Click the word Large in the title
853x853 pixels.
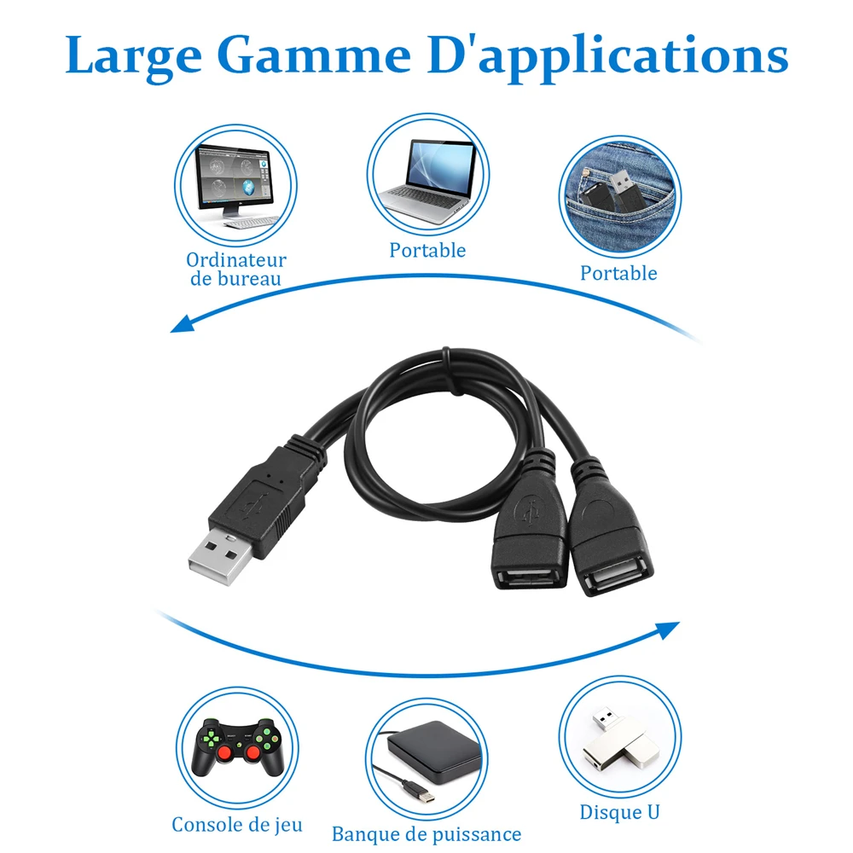point(133,57)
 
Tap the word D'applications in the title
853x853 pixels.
point(608,57)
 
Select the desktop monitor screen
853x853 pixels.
point(234,177)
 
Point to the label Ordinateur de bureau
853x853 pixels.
point(236,269)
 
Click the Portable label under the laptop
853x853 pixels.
point(427,250)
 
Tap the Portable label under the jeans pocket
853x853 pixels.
point(618,273)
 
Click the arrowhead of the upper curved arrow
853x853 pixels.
point(183,323)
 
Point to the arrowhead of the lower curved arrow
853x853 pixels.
point(668,630)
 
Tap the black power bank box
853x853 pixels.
point(434,751)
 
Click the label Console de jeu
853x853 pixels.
point(237,825)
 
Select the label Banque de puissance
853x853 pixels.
point(426,834)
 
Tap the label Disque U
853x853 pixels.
point(619,812)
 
